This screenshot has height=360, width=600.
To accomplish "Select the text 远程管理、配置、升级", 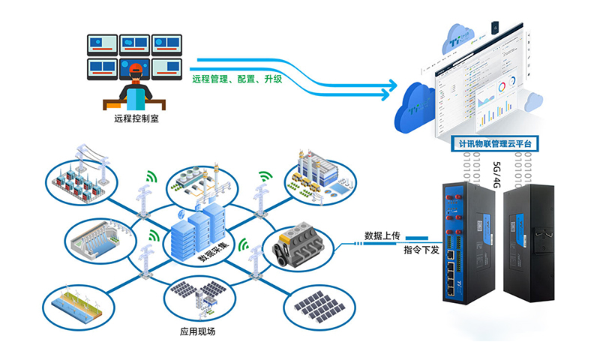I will pos(237,78).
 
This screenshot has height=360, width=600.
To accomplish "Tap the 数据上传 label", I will pos(382,236).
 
